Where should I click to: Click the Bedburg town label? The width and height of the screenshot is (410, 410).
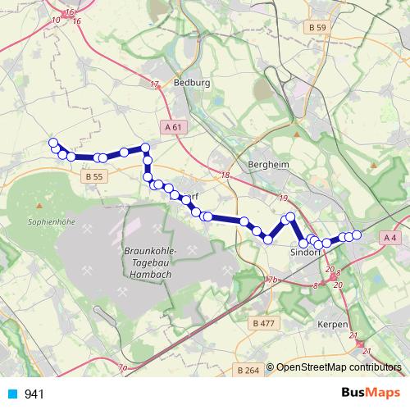(x=193, y=83)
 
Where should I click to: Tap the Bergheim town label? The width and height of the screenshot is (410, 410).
(x=268, y=164)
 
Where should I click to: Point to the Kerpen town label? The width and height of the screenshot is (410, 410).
(x=334, y=325)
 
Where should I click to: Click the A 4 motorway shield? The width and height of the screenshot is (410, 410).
(x=390, y=237)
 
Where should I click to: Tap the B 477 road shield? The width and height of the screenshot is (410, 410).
(x=264, y=323)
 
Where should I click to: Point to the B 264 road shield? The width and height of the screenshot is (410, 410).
(x=248, y=371)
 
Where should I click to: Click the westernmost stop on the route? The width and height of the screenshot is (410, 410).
(x=54, y=143)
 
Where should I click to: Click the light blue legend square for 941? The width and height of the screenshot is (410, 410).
(x=11, y=394)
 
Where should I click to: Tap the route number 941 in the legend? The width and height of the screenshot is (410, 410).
(x=34, y=394)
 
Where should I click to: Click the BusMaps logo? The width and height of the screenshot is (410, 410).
(x=370, y=394)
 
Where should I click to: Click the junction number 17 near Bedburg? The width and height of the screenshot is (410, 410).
(x=155, y=84)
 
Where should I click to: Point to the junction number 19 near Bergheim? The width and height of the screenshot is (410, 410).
(x=284, y=199)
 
